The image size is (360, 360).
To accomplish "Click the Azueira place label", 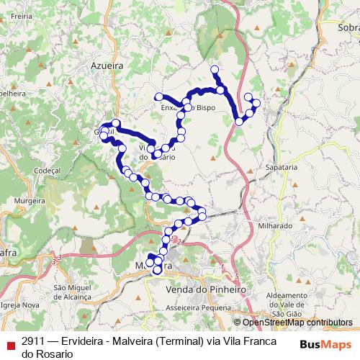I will (107, 66).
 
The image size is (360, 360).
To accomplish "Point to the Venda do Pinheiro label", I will (205, 289).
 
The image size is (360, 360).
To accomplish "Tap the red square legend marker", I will (9, 341).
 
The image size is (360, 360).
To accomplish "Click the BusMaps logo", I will (326, 343).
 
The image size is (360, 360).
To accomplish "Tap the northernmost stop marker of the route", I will (214, 69).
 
